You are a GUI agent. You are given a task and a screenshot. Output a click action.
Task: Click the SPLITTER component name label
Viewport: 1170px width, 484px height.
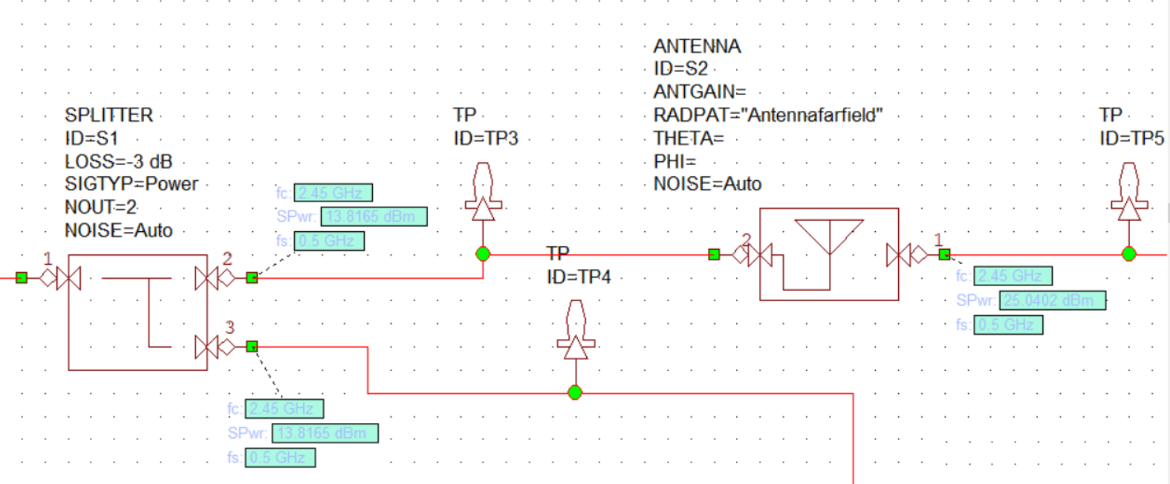coord(108,115)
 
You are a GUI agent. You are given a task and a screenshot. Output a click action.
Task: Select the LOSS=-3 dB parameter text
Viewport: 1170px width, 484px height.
coord(118,161)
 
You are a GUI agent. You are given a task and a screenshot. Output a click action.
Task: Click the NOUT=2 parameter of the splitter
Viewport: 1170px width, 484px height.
coord(100,207)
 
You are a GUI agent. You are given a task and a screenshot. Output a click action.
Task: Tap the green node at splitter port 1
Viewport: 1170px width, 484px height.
coord(22,277)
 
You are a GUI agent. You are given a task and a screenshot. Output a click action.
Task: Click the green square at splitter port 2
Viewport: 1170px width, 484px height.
coord(252,277)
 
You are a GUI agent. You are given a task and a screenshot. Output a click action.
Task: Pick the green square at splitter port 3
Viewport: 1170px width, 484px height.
coord(252,346)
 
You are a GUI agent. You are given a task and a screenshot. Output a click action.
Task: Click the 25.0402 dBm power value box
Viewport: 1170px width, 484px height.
coord(1052,300)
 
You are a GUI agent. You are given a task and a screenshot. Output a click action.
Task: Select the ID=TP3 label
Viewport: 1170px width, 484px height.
coord(486,138)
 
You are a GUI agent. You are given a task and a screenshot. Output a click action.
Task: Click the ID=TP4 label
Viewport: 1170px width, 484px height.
coord(579,277)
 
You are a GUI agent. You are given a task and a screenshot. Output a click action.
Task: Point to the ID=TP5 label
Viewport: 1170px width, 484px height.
coord(1131,138)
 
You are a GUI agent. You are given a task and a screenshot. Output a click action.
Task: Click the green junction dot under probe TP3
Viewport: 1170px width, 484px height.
coord(483,254)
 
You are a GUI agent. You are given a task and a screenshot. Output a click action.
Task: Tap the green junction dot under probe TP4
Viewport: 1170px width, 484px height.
coord(575,393)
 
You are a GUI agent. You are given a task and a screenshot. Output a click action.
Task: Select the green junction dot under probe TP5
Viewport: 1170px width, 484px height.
coord(1129,254)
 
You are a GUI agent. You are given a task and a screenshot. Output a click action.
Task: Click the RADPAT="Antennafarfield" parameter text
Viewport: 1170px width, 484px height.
coord(767,115)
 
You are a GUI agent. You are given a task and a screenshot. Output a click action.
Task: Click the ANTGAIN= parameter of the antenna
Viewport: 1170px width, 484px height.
coord(699,91)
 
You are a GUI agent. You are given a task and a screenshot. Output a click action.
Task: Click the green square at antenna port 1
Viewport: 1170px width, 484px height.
coord(944,254)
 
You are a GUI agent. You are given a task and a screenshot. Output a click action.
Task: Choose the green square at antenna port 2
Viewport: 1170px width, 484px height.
coord(714,254)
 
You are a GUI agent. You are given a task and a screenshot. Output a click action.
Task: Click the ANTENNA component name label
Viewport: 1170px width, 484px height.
coord(697,46)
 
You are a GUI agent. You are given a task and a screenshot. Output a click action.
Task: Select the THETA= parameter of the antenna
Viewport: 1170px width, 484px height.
coord(688,138)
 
